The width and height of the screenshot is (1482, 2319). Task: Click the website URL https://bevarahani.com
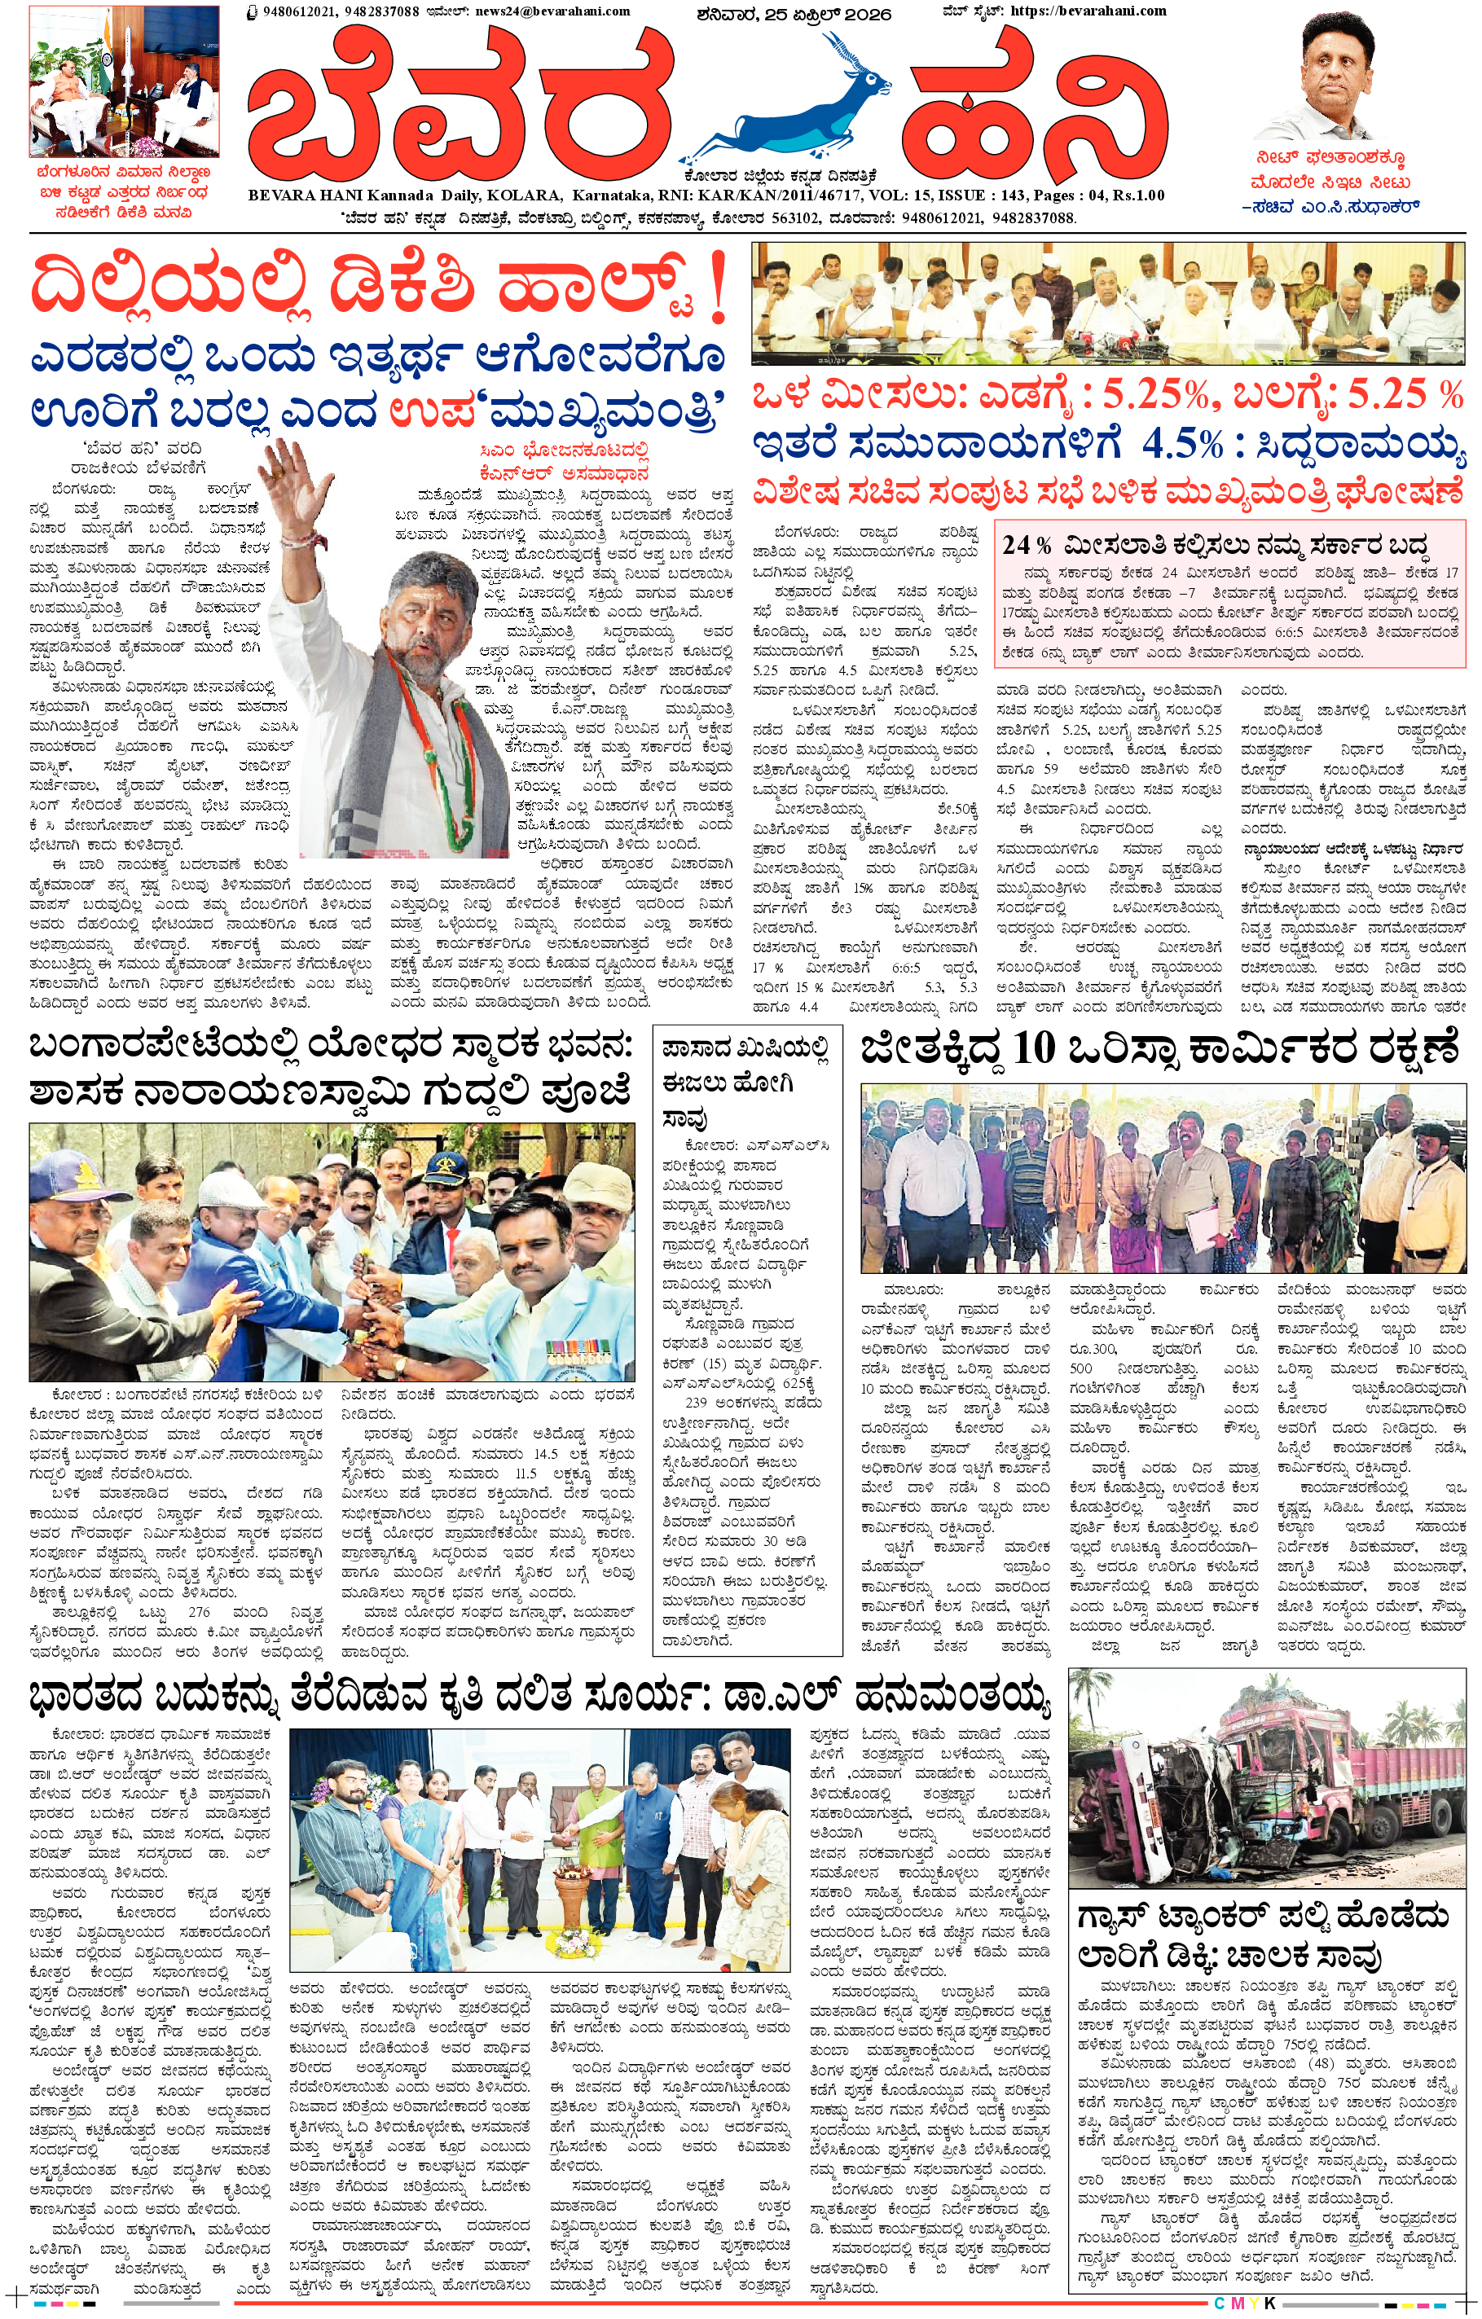coord(1088,11)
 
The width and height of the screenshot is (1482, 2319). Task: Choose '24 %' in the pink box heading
coord(1027,545)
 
